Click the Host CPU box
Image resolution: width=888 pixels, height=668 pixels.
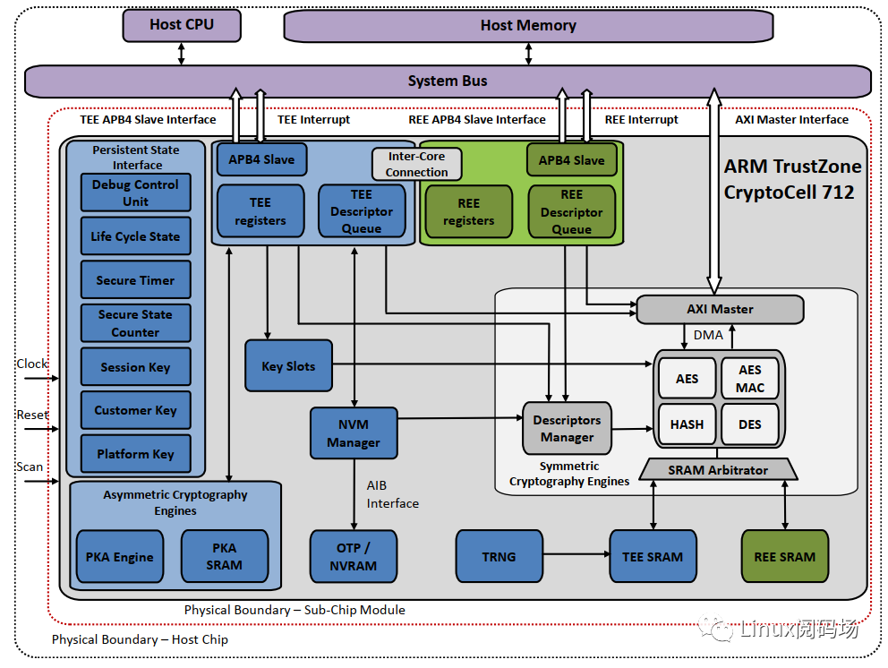[182, 25]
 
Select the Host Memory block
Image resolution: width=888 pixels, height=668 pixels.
[528, 25]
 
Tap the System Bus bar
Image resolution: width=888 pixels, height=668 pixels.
[448, 81]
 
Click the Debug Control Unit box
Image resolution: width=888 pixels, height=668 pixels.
[136, 193]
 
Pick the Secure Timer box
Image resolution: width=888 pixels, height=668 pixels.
[136, 280]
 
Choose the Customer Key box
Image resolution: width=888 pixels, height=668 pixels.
[136, 410]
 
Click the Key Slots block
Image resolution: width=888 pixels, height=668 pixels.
[288, 366]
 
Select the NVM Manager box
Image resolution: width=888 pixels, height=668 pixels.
[354, 433]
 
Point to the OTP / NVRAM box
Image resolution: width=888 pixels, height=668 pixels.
[354, 556]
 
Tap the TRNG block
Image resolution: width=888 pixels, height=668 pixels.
[499, 556]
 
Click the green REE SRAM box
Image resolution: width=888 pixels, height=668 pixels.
[784, 556]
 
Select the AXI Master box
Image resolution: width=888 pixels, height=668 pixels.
[720, 309]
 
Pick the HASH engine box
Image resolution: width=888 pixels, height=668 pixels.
[687, 424]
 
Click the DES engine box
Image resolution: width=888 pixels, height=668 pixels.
[750, 424]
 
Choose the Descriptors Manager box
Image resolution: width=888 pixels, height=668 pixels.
[567, 428]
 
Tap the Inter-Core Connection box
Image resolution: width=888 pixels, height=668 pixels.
[417, 164]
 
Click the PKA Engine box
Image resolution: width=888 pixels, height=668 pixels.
[120, 557]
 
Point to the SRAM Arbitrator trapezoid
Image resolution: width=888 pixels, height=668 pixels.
[719, 469]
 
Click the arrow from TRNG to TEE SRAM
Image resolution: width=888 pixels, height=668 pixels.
[576, 556]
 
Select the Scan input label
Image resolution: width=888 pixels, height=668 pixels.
[30, 467]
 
